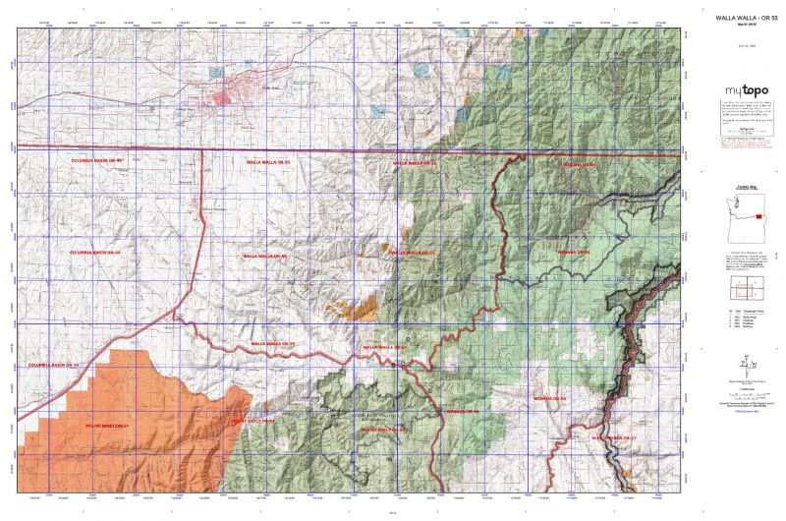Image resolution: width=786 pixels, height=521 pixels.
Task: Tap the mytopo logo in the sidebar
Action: point(742,88)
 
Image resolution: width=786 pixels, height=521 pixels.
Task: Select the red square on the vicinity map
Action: point(758,217)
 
